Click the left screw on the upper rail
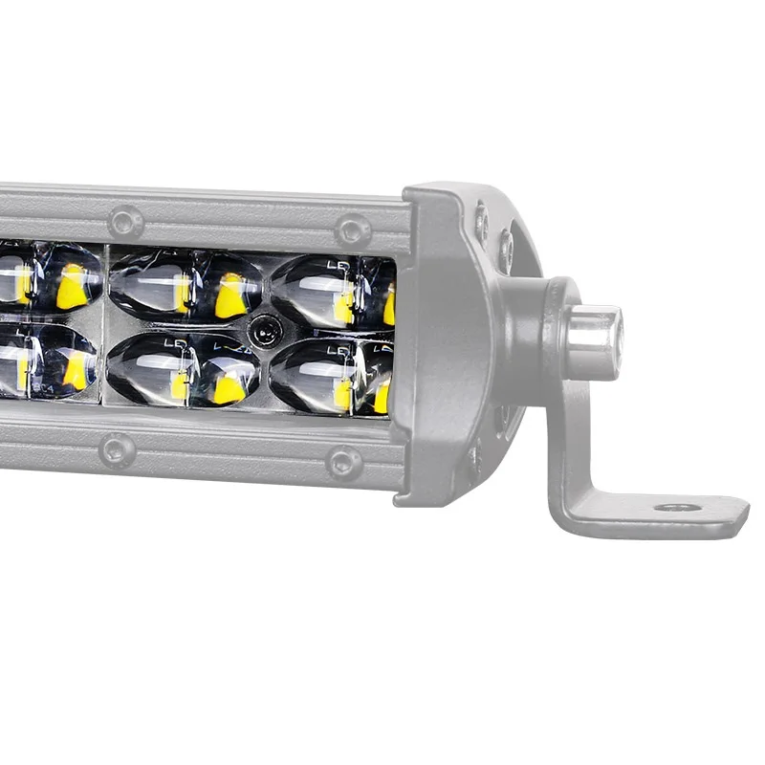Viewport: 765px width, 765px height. (125, 222)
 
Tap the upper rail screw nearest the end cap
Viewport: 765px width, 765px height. (353, 229)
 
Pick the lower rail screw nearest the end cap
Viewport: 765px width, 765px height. (344, 463)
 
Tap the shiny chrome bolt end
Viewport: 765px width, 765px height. (596, 341)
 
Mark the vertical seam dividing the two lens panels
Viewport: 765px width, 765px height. (104, 325)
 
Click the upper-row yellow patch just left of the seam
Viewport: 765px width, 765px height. (72, 287)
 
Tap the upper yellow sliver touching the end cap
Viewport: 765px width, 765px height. (389, 308)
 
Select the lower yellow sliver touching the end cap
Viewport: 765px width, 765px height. (382, 398)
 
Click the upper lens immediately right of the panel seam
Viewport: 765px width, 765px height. (153, 284)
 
